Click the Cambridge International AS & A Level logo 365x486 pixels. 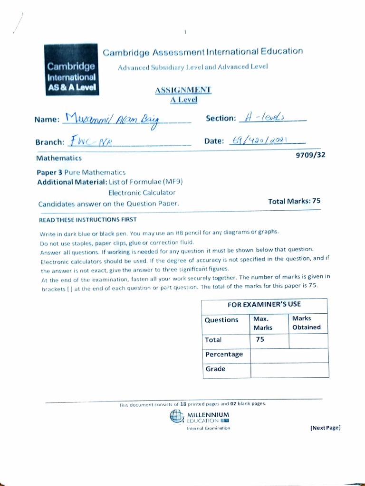coord(71,70)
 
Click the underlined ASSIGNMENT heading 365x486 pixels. coord(183,90)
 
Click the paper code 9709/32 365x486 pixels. coord(310,155)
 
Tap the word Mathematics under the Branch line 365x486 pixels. coord(58,158)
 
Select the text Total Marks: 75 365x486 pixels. coord(294,201)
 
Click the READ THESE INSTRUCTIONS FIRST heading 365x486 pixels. coord(87,220)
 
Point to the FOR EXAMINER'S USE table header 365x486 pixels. coord(264,304)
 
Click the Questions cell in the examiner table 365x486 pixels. coord(221,320)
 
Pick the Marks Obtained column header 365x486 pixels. coord(307,323)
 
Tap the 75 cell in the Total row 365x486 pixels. coord(260,340)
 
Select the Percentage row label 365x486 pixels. coord(224,355)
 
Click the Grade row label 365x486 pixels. coord(215,369)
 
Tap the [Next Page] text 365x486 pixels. coord(326,428)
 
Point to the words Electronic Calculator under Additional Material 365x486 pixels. coord(142,193)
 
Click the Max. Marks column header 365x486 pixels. coord(263,323)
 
